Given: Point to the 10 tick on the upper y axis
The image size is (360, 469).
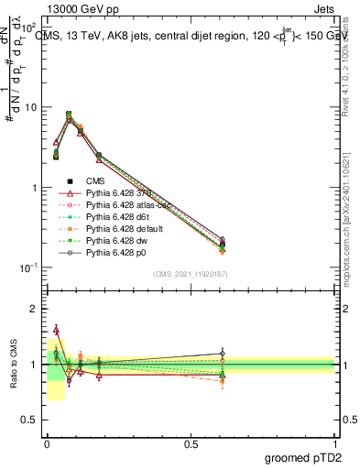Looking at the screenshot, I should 32,107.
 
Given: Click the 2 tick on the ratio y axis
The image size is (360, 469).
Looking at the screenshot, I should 36,309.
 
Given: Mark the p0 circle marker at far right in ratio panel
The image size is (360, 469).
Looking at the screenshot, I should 221,354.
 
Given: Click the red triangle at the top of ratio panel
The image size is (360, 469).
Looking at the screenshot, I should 56,329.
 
